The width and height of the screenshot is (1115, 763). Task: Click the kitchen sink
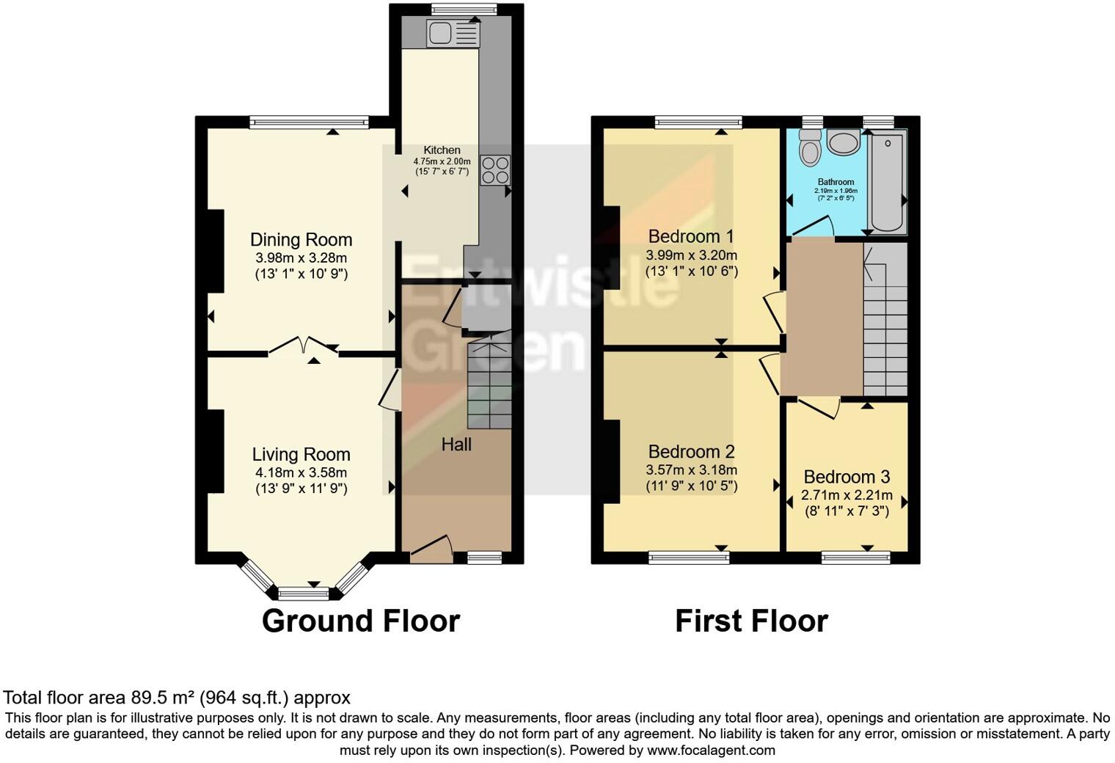[x=442, y=34]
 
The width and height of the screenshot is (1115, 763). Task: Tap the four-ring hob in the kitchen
[x=495, y=169]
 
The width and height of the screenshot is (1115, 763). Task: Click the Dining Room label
[x=301, y=240]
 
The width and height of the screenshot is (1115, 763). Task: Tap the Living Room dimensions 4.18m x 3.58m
[x=301, y=472]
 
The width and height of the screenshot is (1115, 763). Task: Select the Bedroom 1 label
[x=691, y=237]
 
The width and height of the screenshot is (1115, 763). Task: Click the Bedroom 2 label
[x=691, y=452]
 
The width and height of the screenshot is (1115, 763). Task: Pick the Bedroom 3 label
[x=847, y=477]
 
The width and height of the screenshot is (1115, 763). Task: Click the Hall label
[x=456, y=445]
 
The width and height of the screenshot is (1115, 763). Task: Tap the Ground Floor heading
[x=360, y=621]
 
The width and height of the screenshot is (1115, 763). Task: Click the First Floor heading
[x=751, y=621]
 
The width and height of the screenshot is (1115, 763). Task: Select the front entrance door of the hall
[x=431, y=550]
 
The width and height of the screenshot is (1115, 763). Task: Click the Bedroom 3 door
[x=819, y=408]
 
